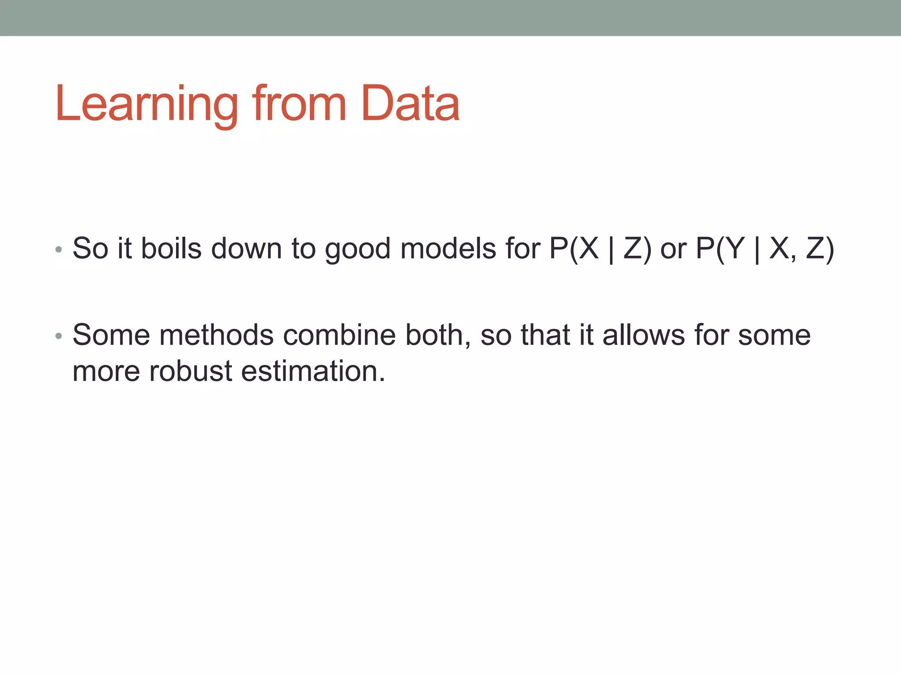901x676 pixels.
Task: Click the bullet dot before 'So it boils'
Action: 59,250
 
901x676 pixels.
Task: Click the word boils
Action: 171,248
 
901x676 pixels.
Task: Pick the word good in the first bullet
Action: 358,249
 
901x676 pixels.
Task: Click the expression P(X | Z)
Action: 600,249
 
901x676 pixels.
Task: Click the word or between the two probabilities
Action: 673,249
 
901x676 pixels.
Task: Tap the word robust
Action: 190,371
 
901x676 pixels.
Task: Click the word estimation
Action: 313,371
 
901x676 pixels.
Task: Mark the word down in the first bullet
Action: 246,248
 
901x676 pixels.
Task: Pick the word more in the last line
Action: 106,371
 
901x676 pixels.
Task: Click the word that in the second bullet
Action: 546,335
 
